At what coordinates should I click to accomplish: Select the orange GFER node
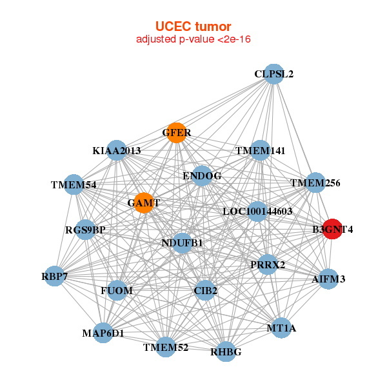click(x=176, y=133)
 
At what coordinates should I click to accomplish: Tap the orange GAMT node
click(x=143, y=203)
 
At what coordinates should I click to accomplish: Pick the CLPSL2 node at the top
click(x=274, y=74)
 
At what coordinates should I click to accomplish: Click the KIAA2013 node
click(x=116, y=150)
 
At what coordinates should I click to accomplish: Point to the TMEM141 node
click(x=260, y=150)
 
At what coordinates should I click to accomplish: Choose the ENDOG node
click(x=202, y=175)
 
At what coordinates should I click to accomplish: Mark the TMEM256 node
click(x=315, y=183)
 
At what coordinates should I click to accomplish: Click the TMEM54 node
click(x=74, y=185)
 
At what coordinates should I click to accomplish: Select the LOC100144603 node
click(x=257, y=211)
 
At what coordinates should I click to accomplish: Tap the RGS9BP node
click(x=85, y=230)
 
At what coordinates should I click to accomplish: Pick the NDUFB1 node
click(x=182, y=243)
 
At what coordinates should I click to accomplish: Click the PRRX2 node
click(x=268, y=264)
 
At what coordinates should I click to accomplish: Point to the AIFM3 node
click(x=328, y=279)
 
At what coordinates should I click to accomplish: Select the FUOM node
click(x=117, y=290)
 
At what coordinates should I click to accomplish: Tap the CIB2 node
click(x=206, y=290)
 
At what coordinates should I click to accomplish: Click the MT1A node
click(x=281, y=328)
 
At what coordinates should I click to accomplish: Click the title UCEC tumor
click(x=193, y=26)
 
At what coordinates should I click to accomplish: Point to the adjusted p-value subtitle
click(x=193, y=39)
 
